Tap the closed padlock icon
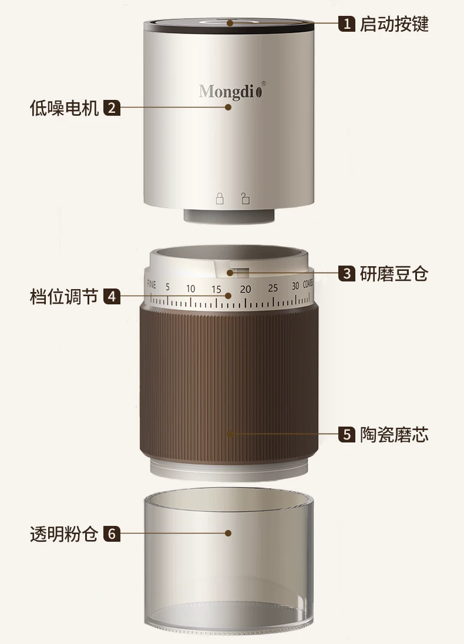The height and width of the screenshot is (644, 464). tap(220, 199)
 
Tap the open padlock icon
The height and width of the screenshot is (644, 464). tap(246, 199)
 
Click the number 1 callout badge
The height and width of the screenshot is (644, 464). tap(347, 24)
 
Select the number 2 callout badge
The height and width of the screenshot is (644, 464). tap(112, 108)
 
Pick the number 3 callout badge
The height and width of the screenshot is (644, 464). tap(347, 273)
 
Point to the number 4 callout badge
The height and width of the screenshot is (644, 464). tap(112, 296)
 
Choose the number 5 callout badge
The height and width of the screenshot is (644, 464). tap(347, 434)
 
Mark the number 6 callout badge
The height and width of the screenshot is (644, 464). tap(112, 534)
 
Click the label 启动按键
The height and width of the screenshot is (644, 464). tap(394, 24)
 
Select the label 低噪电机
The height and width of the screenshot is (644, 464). tap(64, 108)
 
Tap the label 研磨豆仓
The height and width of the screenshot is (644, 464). tap(394, 273)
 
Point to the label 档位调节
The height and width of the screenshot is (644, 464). tap(64, 296)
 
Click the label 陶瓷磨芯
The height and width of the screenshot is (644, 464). tap(394, 434)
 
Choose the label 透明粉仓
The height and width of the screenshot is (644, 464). tap(64, 534)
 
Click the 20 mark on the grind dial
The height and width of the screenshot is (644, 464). tap(246, 289)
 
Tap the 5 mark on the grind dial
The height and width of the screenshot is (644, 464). tap(167, 287)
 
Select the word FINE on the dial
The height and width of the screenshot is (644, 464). tap(152, 284)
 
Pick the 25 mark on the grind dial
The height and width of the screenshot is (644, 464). tap(273, 289)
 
